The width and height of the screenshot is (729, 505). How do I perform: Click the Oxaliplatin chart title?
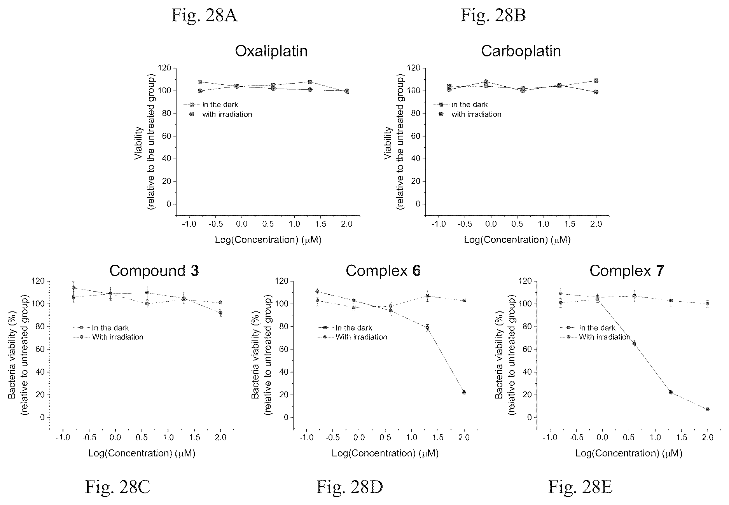coord(271,52)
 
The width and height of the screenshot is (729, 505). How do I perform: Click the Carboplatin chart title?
coord(521,52)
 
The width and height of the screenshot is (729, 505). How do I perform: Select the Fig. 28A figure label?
coord(205,16)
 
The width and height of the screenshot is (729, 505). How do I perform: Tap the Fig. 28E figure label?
coord(580,487)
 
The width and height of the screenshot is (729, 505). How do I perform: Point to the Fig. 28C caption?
coord(117,487)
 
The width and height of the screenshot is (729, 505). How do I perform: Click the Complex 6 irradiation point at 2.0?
coord(464,393)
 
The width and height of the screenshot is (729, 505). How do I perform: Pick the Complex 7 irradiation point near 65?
coord(634,343)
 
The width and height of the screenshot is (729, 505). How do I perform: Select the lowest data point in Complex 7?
coord(707,409)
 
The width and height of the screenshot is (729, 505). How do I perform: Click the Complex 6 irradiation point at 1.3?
coord(427,328)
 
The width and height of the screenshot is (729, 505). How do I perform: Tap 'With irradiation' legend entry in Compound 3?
coord(108,337)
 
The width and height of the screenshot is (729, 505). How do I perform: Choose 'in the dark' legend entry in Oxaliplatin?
coord(211,105)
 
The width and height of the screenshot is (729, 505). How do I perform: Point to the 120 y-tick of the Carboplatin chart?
coord(413,68)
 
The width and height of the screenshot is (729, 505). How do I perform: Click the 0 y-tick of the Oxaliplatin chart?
coord(169,204)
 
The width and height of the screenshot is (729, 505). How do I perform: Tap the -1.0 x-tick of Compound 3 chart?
coord(62,438)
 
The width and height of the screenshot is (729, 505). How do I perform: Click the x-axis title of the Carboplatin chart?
coord(517,240)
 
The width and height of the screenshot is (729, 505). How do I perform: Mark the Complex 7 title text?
coord(627,271)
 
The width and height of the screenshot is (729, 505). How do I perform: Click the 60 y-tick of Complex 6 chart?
coord(284,349)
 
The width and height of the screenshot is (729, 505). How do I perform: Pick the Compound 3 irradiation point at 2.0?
coord(220,313)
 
